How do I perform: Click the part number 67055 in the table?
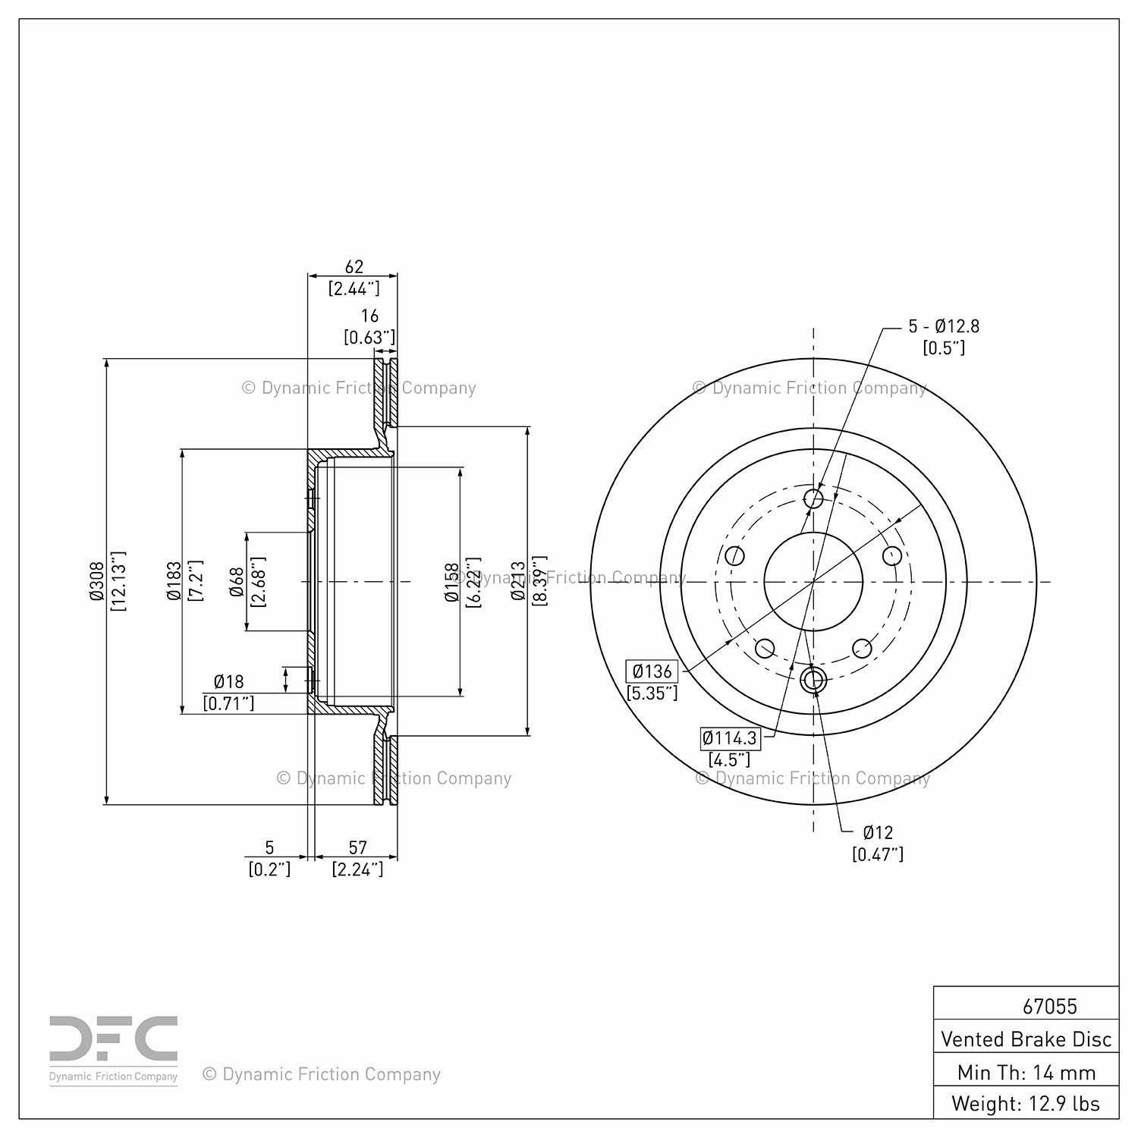(x=1049, y=1006)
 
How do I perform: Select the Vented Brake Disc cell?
(x=1026, y=1039)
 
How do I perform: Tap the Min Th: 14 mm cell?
(x=1026, y=1072)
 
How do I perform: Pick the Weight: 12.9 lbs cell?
(x=1026, y=1103)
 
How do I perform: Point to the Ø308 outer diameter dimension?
(x=96, y=581)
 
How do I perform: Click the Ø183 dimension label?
(x=174, y=581)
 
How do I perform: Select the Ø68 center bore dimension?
(x=237, y=581)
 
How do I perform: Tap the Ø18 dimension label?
(x=228, y=681)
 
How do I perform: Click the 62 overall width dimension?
(x=354, y=267)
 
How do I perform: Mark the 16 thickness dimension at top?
(x=369, y=316)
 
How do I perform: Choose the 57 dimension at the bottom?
(x=357, y=847)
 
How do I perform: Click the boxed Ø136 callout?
(x=652, y=671)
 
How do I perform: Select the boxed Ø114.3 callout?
(x=729, y=737)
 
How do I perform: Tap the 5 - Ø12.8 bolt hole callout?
(x=944, y=326)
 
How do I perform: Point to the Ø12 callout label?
(x=878, y=832)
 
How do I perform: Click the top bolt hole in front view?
(x=813, y=498)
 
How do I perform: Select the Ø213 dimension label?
(x=518, y=581)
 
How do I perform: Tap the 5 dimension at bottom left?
(x=269, y=847)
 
